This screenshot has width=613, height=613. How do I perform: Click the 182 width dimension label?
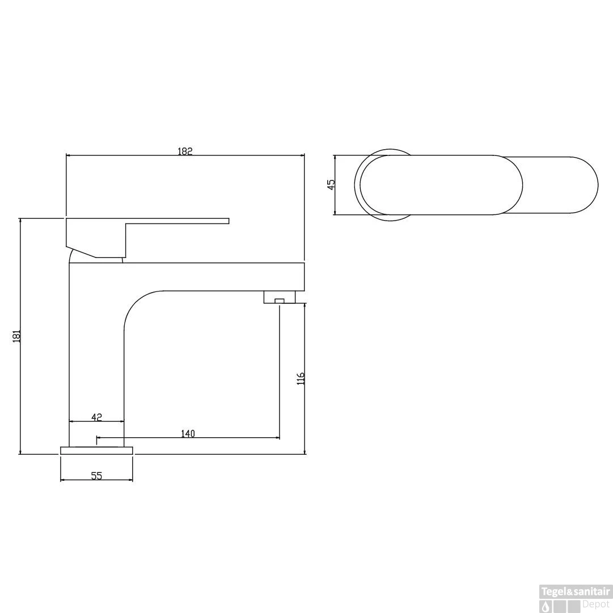tap(185, 151)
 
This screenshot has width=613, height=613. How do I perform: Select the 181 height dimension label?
tap(16, 337)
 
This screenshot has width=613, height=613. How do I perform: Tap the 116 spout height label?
tap(301, 378)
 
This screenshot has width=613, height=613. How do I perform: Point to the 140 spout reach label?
tap(188, 434)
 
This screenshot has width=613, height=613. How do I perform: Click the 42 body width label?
tap(96, 417)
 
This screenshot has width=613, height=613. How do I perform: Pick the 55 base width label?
tap(96, 476)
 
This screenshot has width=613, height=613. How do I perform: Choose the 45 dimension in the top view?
tap(331, 184)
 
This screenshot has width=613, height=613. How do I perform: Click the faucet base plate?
tap(96, 450)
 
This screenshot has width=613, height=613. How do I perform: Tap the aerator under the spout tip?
tap(279, 297)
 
